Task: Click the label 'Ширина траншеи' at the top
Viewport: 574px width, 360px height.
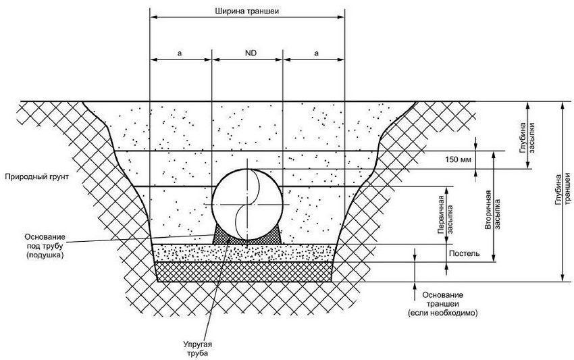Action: coord(246,10)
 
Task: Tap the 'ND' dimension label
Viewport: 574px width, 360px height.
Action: coord(247,51)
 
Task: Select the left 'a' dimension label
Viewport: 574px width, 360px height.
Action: coord(180,51)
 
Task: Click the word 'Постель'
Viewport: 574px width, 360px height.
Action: coord(465,254)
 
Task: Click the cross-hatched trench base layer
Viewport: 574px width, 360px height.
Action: coord(244,272)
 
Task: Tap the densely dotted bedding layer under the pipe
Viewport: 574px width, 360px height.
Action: coord(244,253)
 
